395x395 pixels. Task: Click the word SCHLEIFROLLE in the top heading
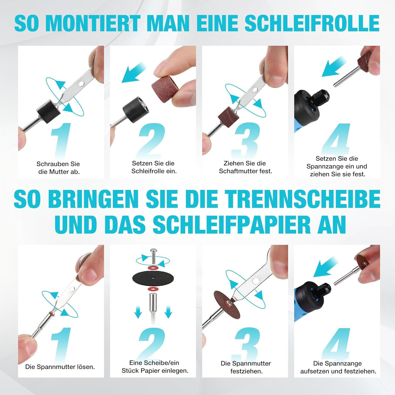click(312, 23)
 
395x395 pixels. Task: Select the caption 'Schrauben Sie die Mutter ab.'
click(58, 168)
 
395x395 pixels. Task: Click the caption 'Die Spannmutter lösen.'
click(60, 367)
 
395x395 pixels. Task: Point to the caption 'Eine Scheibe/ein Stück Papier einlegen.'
click(155, 366)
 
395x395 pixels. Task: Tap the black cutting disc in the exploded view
click(153, 278)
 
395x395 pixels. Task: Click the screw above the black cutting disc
click(153, 256)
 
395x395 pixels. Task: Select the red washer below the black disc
click(153, 289)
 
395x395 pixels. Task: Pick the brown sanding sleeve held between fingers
click(165, 89)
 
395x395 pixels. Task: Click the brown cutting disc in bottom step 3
click(227, 304)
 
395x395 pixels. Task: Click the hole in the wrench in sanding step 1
click(81, 83)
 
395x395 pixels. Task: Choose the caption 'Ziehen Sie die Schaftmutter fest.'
click(245, 167)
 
